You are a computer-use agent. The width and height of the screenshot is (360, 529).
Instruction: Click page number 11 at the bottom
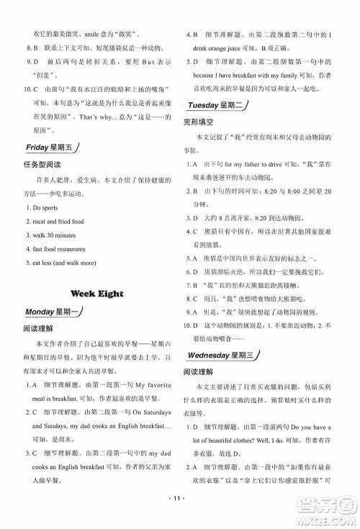[179, 517]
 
